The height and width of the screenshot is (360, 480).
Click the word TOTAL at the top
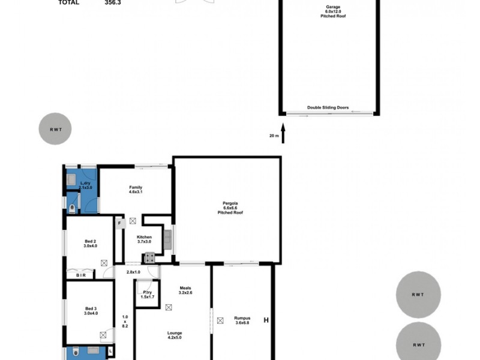point(68,2)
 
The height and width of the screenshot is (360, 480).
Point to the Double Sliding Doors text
point(328,108)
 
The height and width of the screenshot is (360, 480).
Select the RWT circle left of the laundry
point(55,128)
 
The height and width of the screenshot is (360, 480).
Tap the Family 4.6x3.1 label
point(136,191)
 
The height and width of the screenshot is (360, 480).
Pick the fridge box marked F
point(119,223)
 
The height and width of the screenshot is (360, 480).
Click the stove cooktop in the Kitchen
point(148,258)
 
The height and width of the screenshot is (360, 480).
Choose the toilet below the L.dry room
point(73,208)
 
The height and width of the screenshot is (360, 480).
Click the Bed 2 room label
point(89,244)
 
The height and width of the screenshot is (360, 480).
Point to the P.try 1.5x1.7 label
point(147,295)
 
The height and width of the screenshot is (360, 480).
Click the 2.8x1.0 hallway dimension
point(133,273)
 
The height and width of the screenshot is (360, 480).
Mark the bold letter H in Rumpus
point(266,320)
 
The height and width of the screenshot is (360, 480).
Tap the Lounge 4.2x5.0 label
point(175,335)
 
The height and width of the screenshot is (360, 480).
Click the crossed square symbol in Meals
point(168,307)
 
